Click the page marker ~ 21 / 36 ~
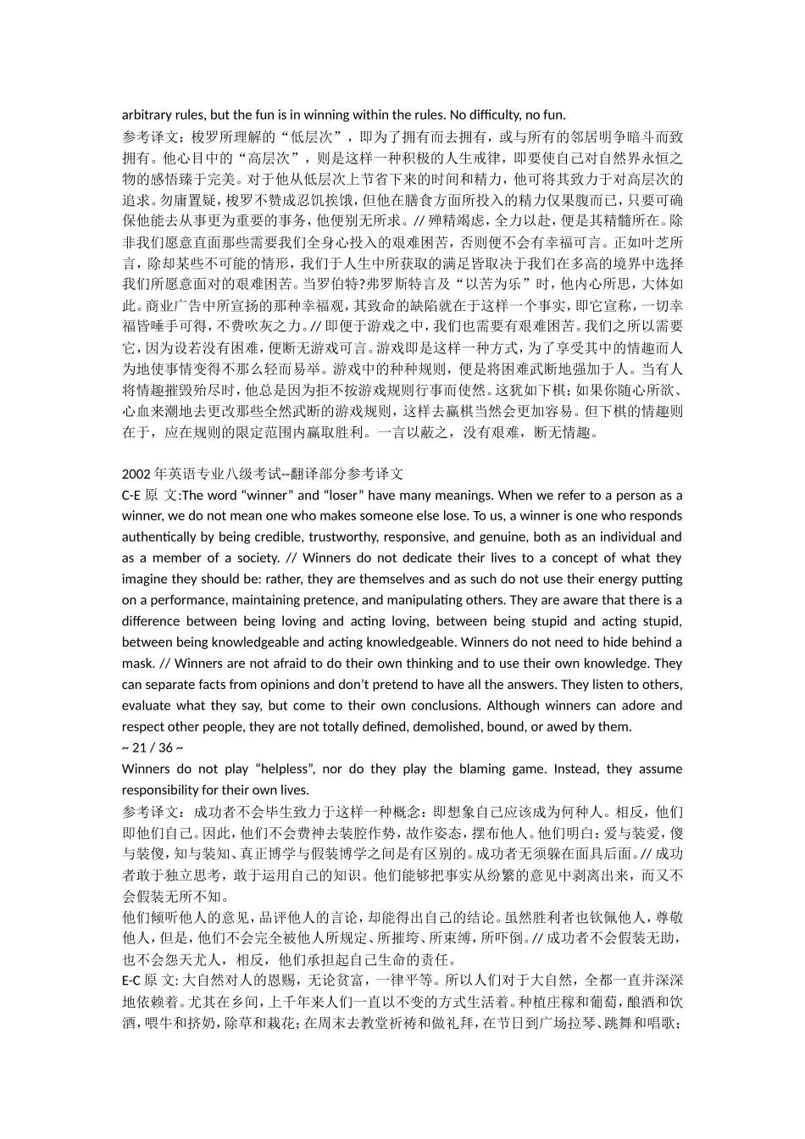153,747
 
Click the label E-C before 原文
131,981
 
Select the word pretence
330,600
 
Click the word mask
137,664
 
